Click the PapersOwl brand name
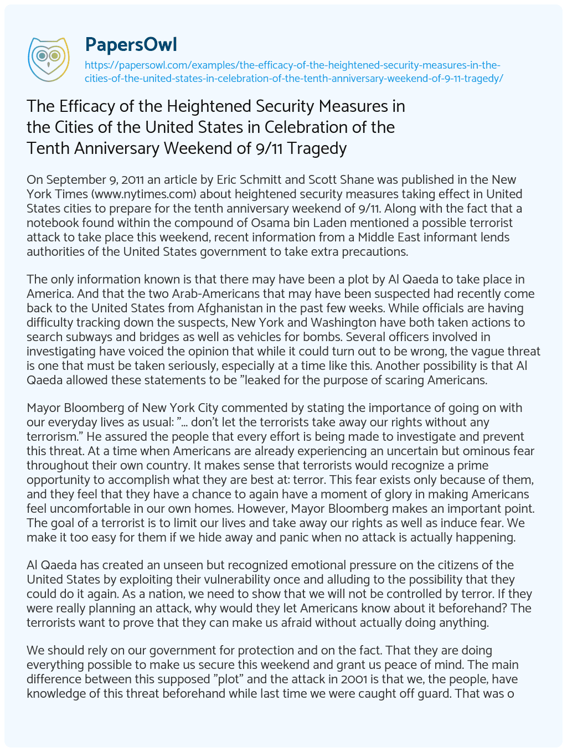131,44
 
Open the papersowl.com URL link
293,71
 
